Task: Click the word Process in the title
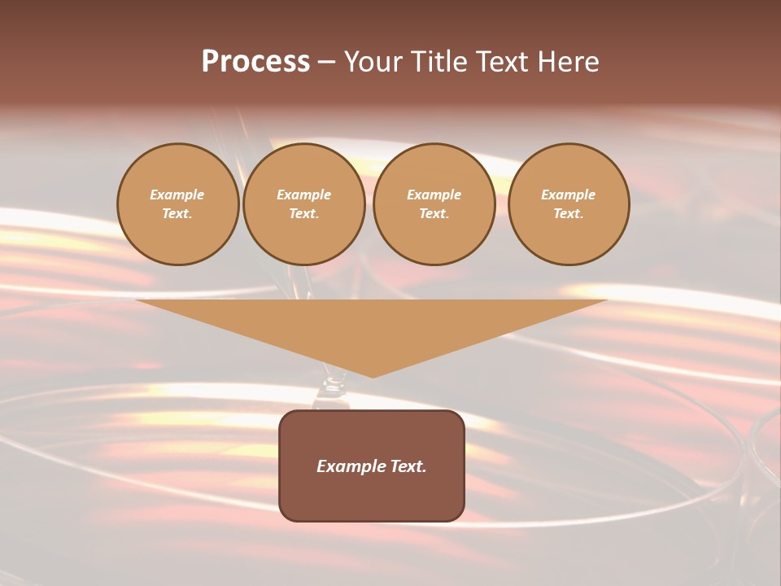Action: pos(255,62)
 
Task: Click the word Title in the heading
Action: pos(436,62)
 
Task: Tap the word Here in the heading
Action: pos(569,62)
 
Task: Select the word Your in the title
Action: pos(373,62)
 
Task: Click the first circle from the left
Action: pos(177,204)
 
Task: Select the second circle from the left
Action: pos(304,204)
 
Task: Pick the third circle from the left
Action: pos(434,204)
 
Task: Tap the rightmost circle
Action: pos(569,204)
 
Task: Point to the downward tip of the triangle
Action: pos(373,375)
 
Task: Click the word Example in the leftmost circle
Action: pos(177,195)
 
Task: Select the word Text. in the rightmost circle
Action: pos(569,214)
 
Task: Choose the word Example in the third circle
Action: pos(434,195)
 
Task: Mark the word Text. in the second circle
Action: pos(304,214)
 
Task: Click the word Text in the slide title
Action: pos(501,62)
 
